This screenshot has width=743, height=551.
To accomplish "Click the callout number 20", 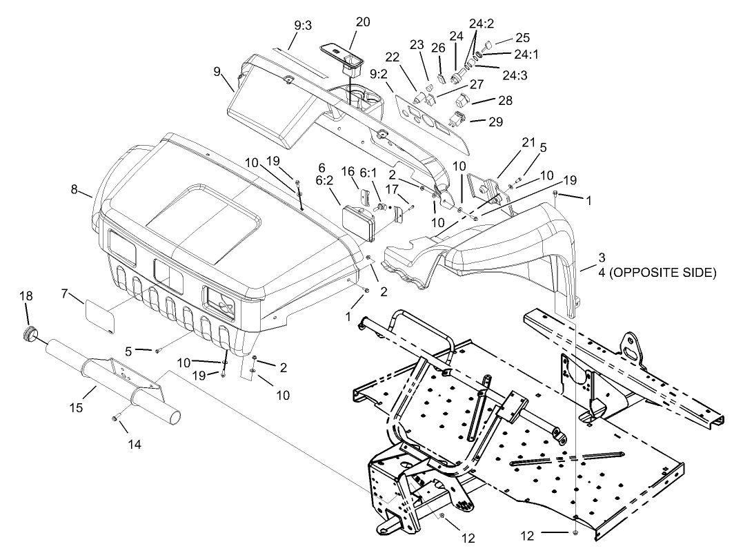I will coord(362,21).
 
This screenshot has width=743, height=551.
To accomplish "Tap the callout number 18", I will coord(26,296).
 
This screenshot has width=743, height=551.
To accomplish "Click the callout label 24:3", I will coord(515,75).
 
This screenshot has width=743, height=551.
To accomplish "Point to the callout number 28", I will coord(505,101).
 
